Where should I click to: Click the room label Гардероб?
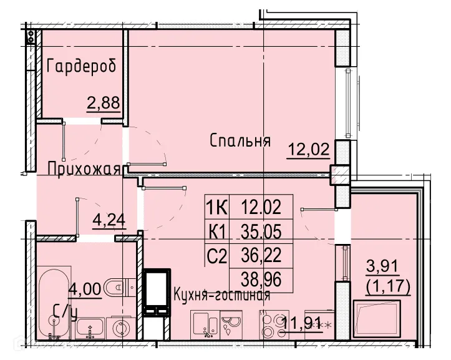click(82, 66)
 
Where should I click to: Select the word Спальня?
click(240, 140)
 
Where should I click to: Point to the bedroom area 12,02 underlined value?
click(308, 150)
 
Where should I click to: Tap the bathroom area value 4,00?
click(83, 289)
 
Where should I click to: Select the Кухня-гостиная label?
click(221, 295)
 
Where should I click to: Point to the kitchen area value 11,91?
click(302, 323)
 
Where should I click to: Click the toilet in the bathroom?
click(118, 286)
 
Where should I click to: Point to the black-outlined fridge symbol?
click(156, 293)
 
